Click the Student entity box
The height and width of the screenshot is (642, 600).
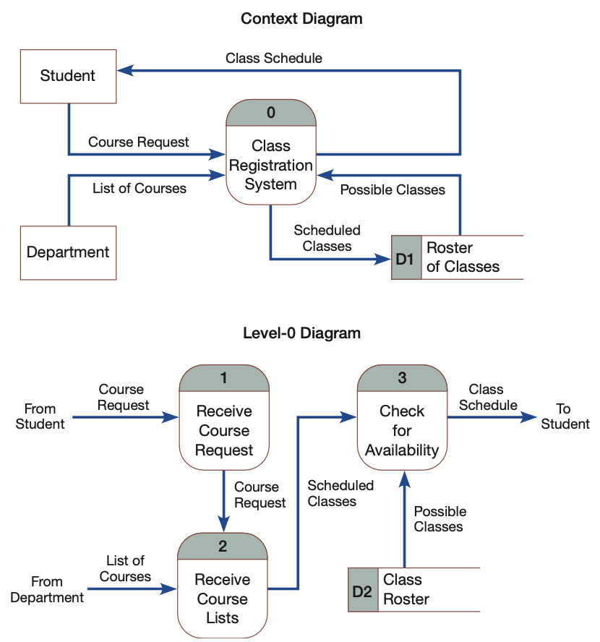click(68, 76)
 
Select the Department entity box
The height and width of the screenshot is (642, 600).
click(68, 252)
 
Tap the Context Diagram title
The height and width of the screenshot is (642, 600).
click(301, 19)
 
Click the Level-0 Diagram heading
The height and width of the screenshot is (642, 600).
click(301, 333)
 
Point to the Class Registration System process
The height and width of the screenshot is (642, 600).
click(271, 166)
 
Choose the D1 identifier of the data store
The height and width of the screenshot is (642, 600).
click(405, 257)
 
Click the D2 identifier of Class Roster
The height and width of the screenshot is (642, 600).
click(362, 590)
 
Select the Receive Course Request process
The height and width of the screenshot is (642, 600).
click(224, 431)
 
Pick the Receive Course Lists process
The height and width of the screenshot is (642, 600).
click(223, 599)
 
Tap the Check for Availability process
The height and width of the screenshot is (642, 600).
click(402, 431)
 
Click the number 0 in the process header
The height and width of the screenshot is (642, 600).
click(271, 112)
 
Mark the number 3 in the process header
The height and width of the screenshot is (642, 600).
click(402, 377)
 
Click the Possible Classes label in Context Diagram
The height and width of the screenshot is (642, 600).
click(393, 190)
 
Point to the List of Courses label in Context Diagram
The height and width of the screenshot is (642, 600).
click(140, 189)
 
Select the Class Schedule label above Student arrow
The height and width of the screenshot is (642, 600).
click(274, 58)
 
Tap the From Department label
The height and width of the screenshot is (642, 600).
click(47, 590)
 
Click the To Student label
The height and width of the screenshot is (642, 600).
click(565, 416)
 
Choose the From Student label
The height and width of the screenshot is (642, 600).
click(40, 416)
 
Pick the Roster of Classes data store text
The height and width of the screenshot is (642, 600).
click(463, 257)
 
